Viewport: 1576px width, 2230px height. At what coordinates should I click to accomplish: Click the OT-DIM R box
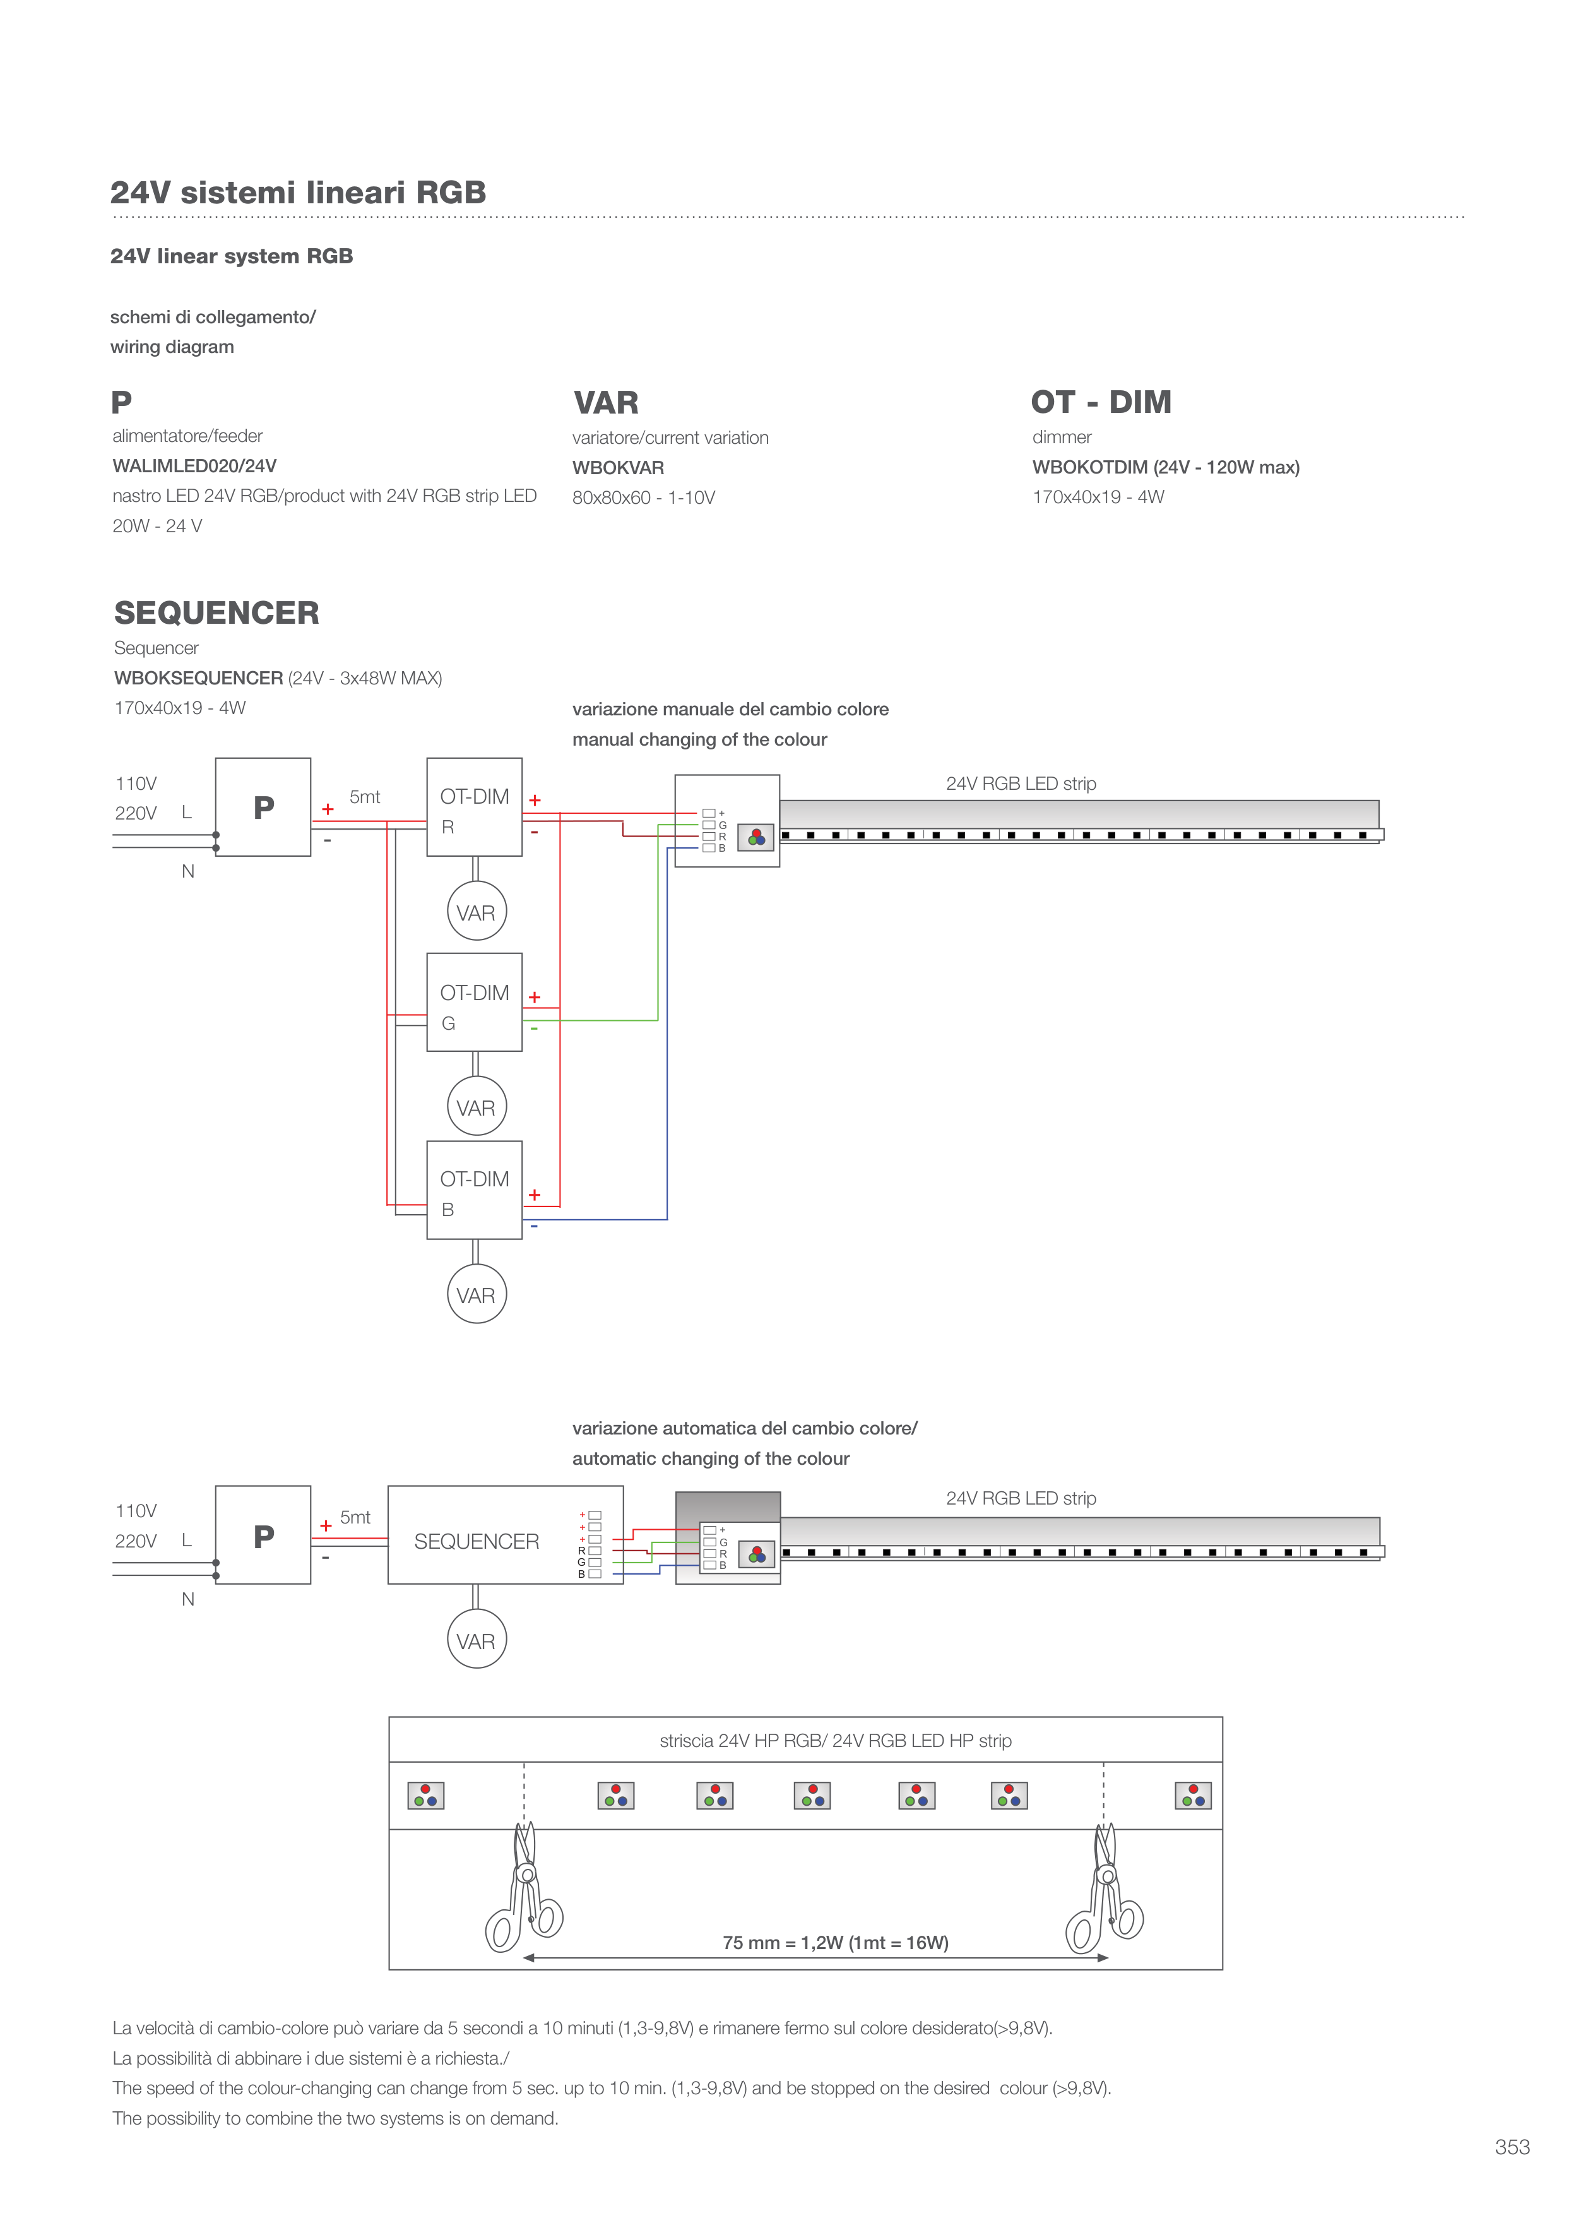pos(475,807)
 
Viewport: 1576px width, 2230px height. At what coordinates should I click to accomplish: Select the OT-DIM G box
pos(475,1003)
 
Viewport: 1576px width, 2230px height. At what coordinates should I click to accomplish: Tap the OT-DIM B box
pos(475,1190)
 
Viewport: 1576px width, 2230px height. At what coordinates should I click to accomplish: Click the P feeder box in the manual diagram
pos(263,807)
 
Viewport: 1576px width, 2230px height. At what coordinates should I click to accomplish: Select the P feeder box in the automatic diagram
pos(263,1535)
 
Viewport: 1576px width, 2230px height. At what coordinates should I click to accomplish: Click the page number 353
pos(1512,2147)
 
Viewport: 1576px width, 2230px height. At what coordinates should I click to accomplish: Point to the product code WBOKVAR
pos(619,468)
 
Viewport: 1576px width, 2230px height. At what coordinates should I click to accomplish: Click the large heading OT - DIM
pos(1101,402)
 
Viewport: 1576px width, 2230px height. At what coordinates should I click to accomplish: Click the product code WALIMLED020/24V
pos(194,466)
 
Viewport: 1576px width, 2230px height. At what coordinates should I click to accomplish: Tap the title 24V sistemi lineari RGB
pos(298,193)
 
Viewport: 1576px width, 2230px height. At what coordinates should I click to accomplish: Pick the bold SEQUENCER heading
pos(216,613)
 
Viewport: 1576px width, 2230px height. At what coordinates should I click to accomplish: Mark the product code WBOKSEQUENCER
pos(199,678)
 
